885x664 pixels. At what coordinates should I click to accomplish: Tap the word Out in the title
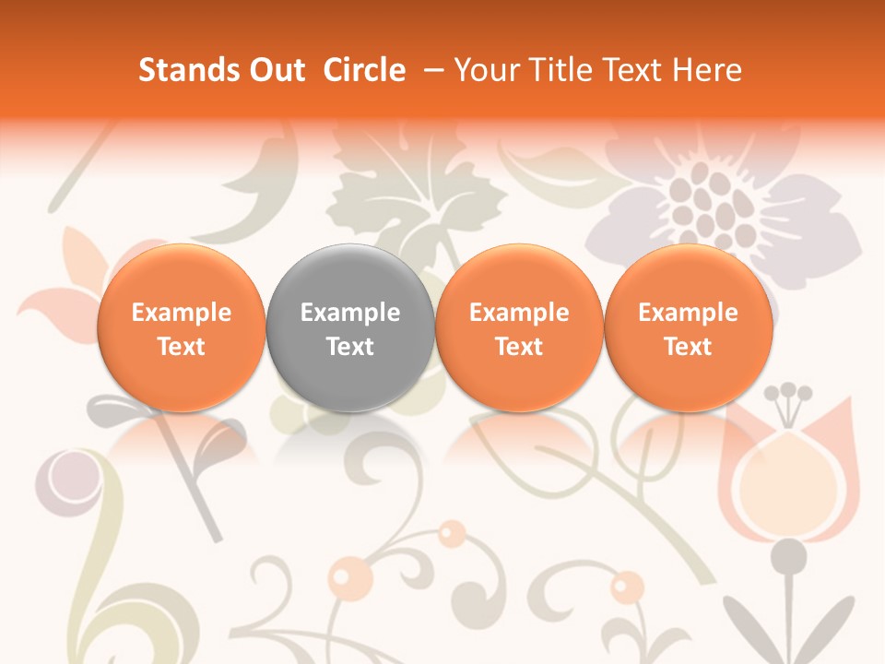coord(274,70)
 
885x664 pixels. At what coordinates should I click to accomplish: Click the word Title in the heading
coord(554,70)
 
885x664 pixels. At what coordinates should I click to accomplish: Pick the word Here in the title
coord(707,70)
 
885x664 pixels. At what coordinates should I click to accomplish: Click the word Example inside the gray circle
coord(350,313)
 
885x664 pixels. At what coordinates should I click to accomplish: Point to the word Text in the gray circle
coord(350,347)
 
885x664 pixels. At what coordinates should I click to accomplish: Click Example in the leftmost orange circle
coord(182,313)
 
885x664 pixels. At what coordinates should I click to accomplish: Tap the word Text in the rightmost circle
coord(689,347)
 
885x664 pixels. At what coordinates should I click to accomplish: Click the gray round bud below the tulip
coord(789,555)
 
